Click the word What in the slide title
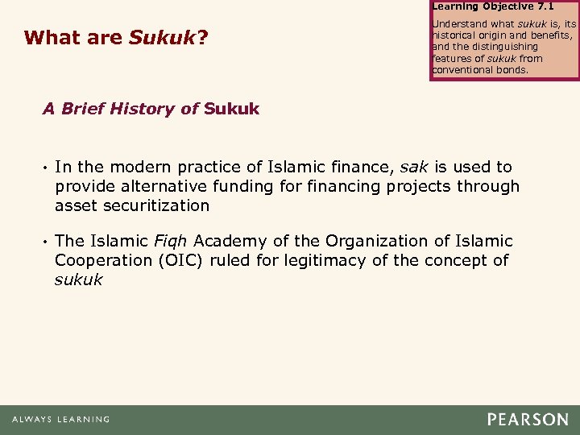click(50, 38)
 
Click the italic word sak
click(415, 167)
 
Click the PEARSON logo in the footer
click(527, 419)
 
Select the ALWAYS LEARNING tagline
click(60, 420)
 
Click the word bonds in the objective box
click(512, 69)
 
